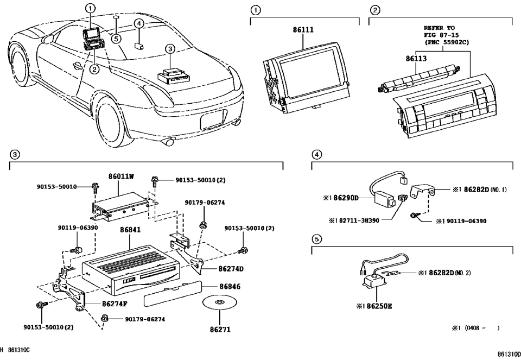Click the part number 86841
(x=130, y=230)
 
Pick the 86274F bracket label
(x=115, y=304)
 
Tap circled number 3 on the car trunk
(x=169, y=49)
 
